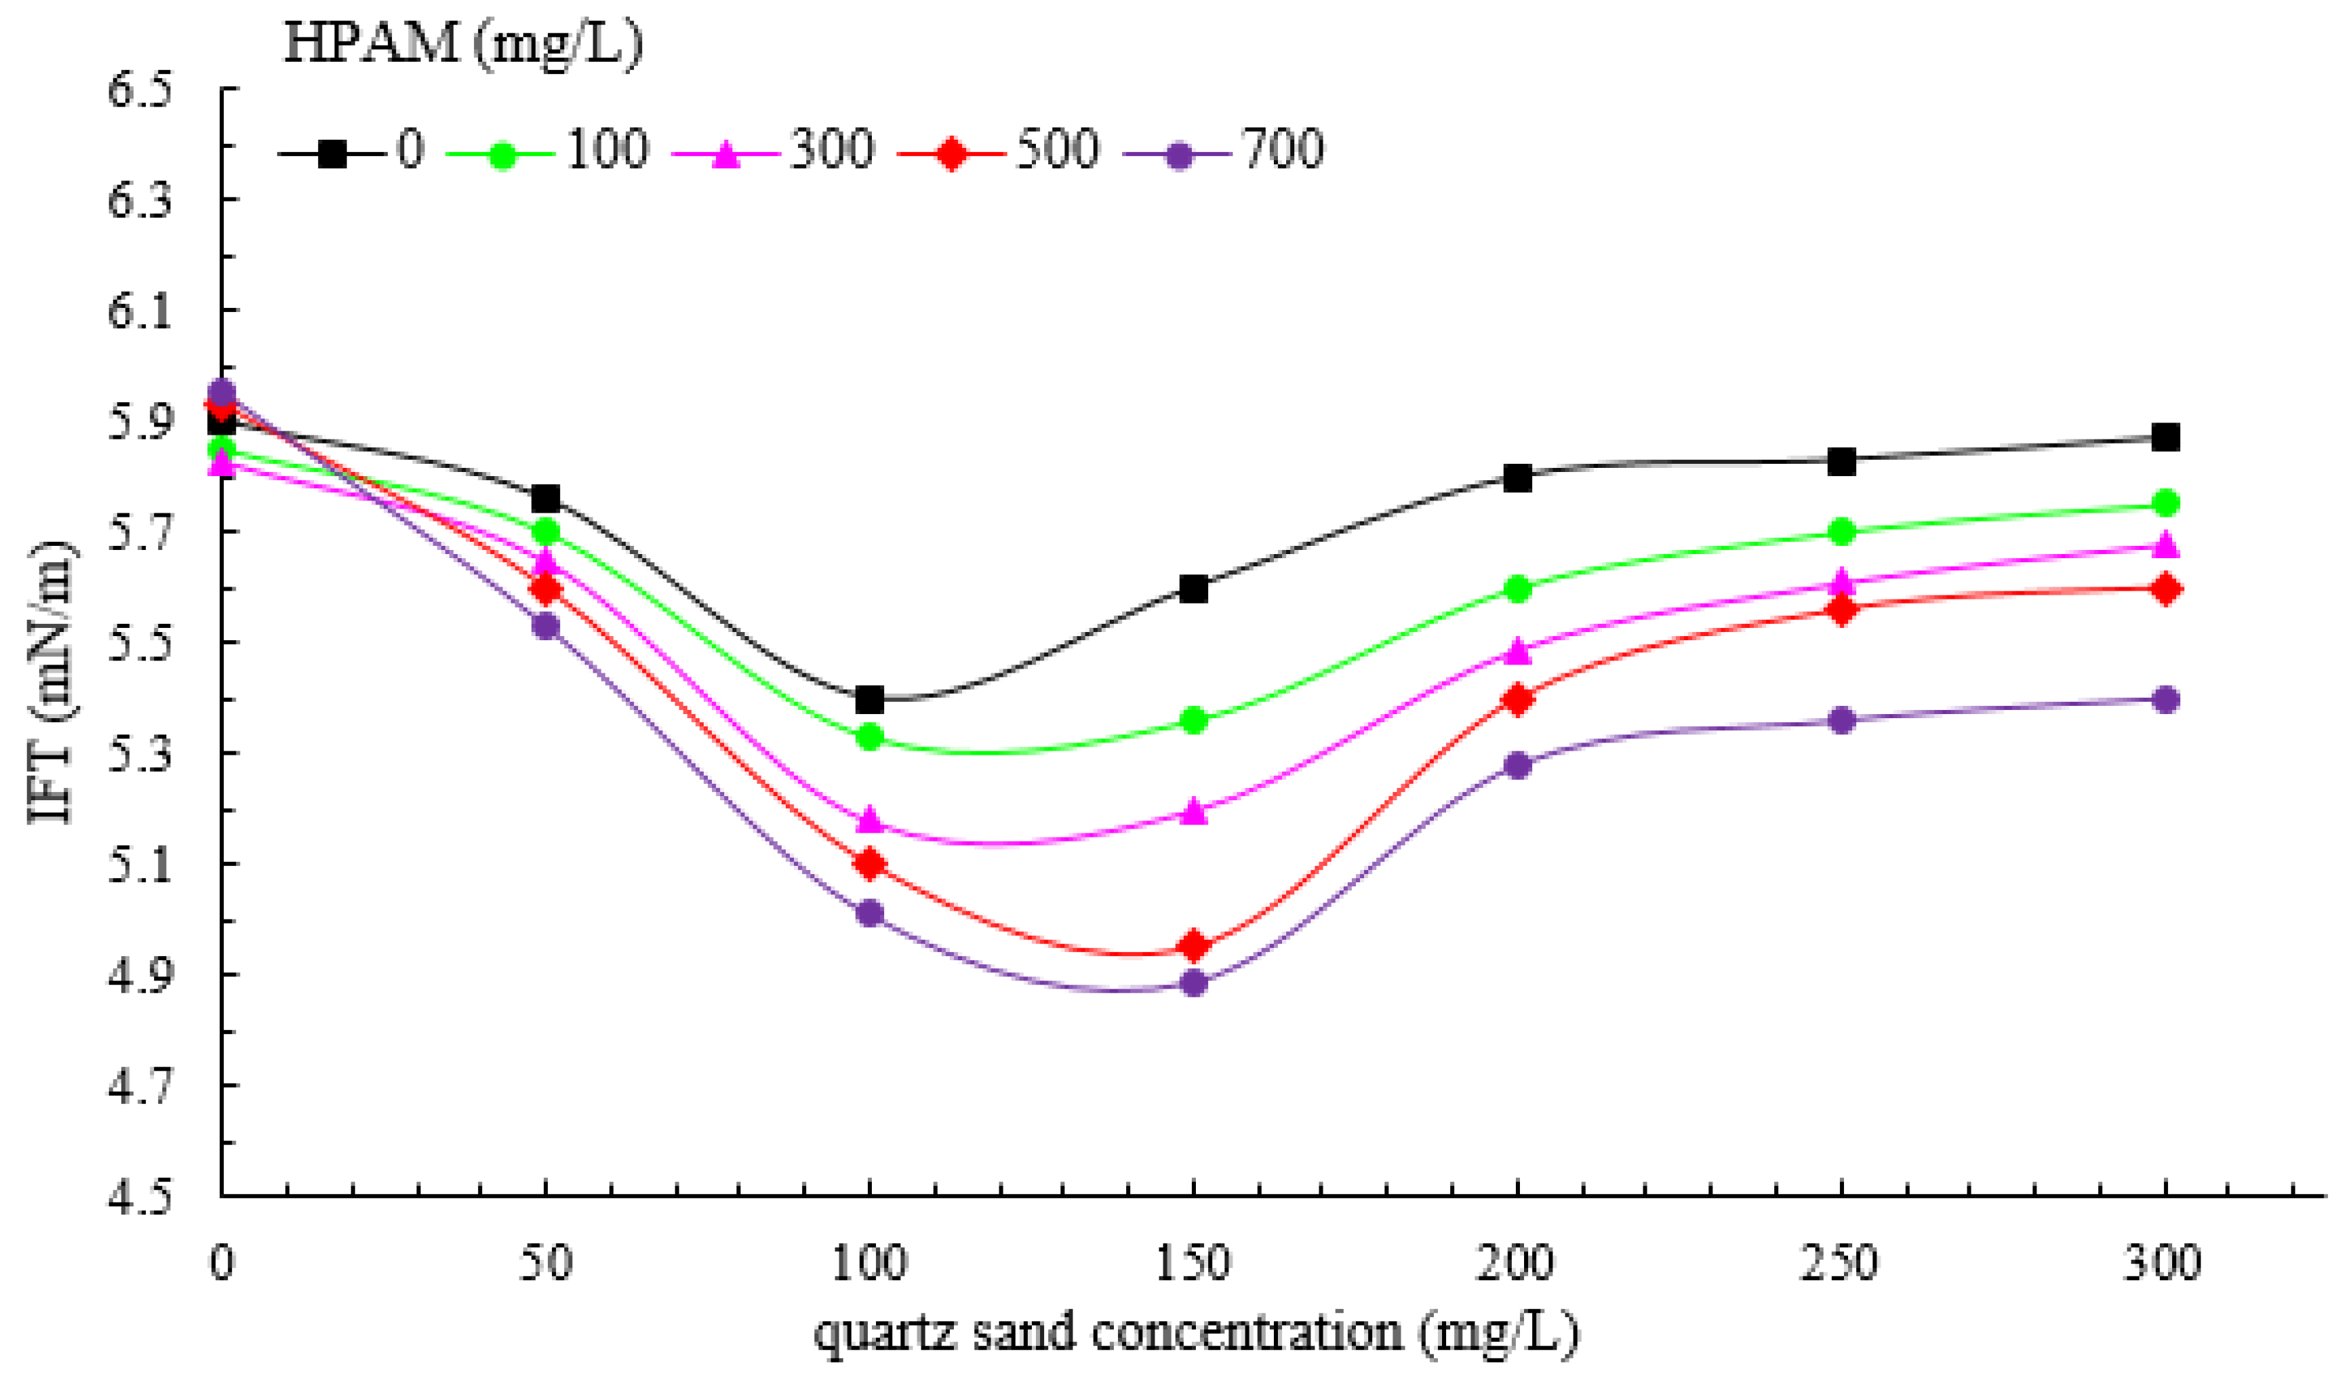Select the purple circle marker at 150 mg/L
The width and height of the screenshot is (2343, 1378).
1193,983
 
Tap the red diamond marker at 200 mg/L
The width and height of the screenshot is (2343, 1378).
1517,698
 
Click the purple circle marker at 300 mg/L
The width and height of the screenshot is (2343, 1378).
2165,698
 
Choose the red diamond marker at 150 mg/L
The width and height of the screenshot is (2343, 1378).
1193,945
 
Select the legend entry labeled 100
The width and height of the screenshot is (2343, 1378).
546,150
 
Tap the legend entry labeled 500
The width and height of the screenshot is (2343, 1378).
999,150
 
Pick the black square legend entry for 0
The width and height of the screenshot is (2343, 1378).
351,150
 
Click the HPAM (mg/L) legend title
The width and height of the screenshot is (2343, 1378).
463,43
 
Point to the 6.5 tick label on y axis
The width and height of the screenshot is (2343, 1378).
141,90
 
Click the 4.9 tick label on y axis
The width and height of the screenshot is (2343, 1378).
141,975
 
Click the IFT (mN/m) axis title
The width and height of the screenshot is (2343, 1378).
53,682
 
